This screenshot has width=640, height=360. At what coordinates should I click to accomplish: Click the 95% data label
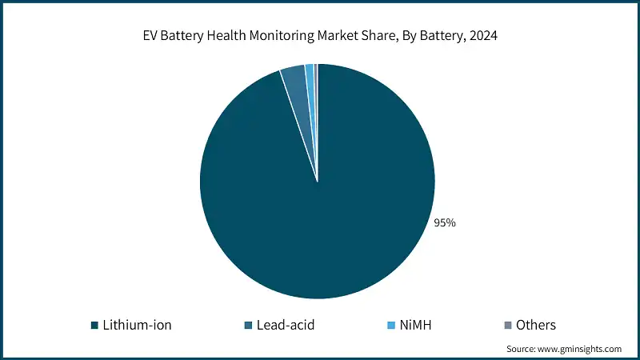pos(445,223)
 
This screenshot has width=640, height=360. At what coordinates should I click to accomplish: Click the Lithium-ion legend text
pos(137,325)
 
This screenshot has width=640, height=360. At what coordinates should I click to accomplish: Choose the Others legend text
pos(536,325)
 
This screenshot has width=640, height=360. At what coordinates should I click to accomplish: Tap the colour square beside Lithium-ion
pos(94,326)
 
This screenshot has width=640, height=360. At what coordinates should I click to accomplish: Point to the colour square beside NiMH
pos(391,326)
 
